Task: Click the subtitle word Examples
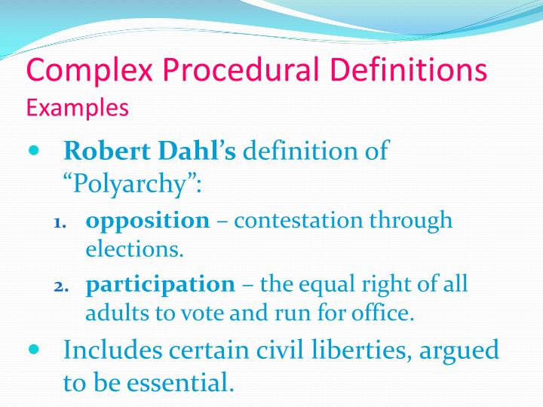78,108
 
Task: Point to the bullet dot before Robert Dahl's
32,150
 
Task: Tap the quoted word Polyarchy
131,182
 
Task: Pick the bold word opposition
148,220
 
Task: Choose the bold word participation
161,284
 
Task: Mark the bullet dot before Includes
32,350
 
